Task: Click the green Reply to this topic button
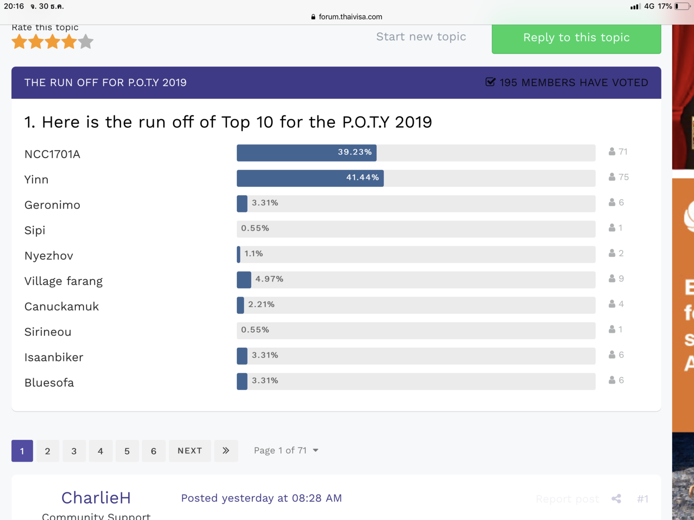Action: [x=576, y=38]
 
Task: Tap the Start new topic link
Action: [x=421, y=37]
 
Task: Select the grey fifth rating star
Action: [x=85, y=42]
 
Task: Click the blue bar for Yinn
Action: [x=310, y=178]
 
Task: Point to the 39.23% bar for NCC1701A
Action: [x=306, y=153]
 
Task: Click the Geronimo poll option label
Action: [x=52, y=205]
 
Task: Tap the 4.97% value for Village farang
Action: [x=269, y=279]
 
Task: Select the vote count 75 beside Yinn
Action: [x=624, y=177]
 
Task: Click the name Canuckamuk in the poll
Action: [x=61, y=306]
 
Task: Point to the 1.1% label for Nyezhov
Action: [x=253, y=254]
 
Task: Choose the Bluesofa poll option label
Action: [x=49, y=383]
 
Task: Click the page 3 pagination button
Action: [x=74, y=451]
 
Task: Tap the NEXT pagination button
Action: [x=190, y=451]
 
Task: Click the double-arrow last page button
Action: [x=226, y=451]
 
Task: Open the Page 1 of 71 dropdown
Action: [x=286, y=450]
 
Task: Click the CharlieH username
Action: [x=96, y=498]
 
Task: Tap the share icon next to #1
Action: [x=616, y=499]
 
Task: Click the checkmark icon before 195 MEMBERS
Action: [x=490, y=82]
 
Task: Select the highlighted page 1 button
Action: [x=22, y=451]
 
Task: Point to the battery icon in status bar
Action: [x=682, y=6]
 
